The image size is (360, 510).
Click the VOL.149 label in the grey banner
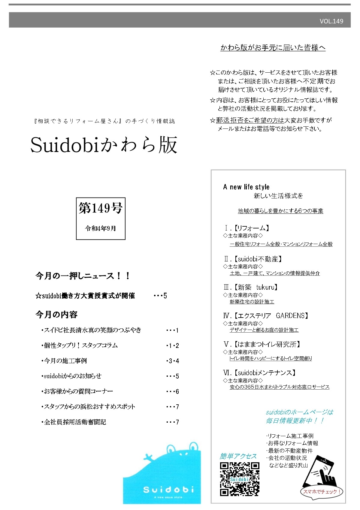[331, 21]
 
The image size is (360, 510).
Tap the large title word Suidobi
[65, 145]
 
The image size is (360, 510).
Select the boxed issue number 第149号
[101, 208]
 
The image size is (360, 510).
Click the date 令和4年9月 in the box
[101, 228]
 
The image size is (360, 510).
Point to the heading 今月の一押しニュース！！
[83, 276]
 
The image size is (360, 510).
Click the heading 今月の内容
[56, 315]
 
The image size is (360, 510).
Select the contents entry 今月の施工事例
[65, 361]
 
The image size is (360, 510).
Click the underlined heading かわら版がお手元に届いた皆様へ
[273, 48]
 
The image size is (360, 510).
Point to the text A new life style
[246, 187]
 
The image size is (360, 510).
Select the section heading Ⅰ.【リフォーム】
[247, 228]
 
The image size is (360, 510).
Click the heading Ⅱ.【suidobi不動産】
[253, 259]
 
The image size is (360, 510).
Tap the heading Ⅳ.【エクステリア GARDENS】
[266, 315]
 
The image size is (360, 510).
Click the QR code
[240, 479]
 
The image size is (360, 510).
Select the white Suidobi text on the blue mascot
[168, 490]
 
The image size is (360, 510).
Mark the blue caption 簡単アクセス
[238, 456]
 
